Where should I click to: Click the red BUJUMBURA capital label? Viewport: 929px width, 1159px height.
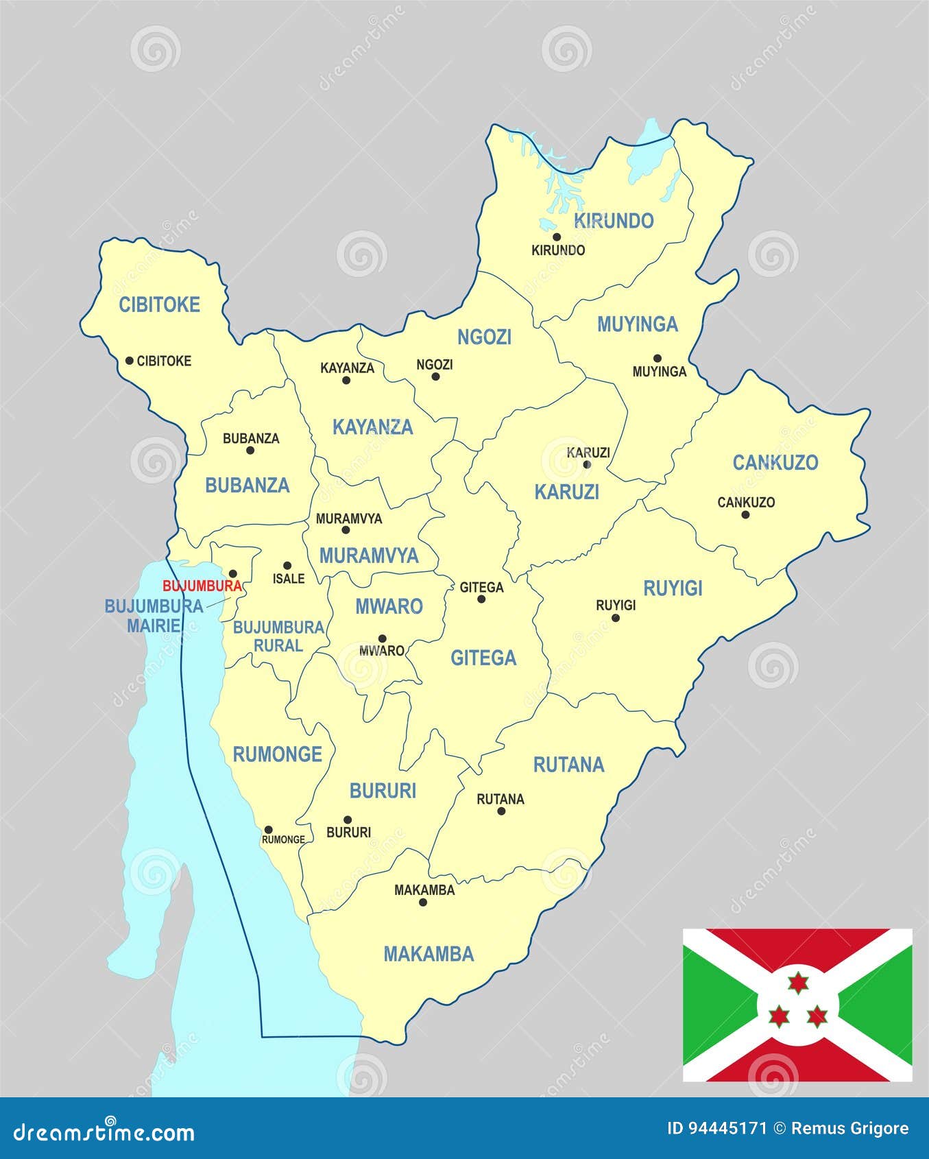(x=202, y=586)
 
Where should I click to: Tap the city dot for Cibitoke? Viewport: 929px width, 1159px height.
(x=129, y=361)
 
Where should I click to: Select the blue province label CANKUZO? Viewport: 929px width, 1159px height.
(x=775, y=463)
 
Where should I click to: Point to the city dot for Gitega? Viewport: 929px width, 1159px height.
(x=481, y=599)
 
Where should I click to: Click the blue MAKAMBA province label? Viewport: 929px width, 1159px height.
(x=429, y=954)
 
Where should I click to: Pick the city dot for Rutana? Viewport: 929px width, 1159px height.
(x=501, y=811)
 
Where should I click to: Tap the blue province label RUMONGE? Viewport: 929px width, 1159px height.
(x=277, y=754)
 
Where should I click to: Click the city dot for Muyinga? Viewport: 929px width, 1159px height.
(x=657, y=358)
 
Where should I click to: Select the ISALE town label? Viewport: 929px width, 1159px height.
(x=289, y=579)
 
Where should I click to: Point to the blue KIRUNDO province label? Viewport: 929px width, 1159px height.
(x=614, y=221)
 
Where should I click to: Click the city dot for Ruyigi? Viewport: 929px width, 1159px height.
(x=616, y=618)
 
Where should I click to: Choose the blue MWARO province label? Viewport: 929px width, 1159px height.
(x=389, y=606)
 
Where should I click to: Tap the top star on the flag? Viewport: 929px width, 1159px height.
(x=797, y=983)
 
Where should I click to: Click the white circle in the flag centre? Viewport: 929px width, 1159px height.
(x=797, y=1005)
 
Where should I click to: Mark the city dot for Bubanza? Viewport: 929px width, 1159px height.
(x=250, y=451)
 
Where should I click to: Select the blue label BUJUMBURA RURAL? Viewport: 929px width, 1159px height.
(x=278, y=636)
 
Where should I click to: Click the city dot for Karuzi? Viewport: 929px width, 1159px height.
(x=586, y=464)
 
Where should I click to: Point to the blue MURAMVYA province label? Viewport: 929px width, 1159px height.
(x=369, y=555)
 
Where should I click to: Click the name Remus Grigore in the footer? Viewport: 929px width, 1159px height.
(x=850, y=1128)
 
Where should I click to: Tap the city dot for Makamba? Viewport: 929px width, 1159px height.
(x=423, y=903)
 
